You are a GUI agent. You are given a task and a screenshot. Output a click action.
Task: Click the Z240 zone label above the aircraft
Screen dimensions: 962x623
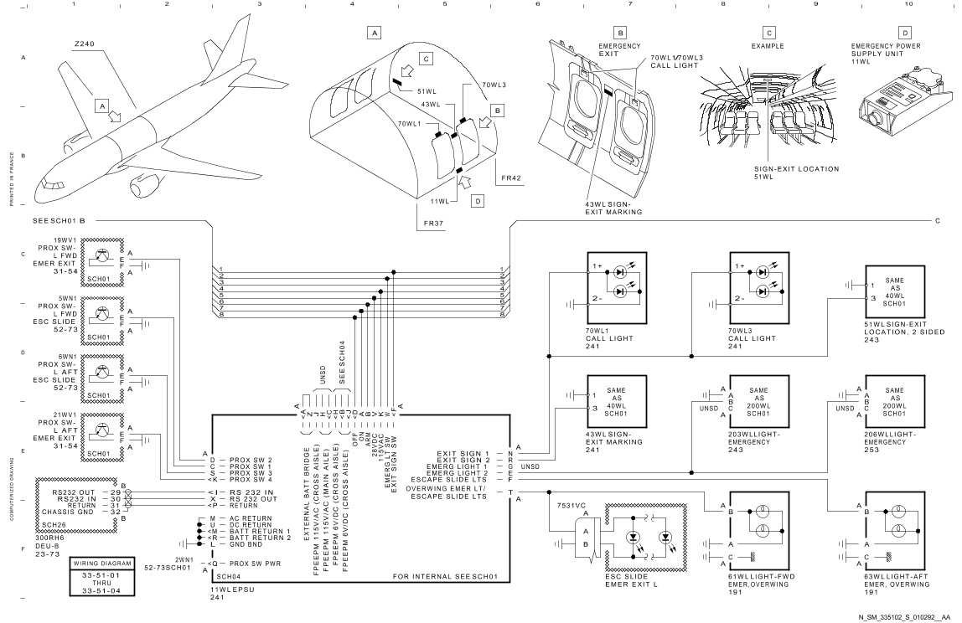[x=84, y=44]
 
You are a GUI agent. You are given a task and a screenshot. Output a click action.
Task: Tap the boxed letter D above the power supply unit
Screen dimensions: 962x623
[x=905, y=33]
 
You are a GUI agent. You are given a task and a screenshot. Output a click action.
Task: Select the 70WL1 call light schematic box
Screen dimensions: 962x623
[x=618, y=287]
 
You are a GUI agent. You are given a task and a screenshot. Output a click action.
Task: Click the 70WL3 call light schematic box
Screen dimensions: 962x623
[x=759, y=287]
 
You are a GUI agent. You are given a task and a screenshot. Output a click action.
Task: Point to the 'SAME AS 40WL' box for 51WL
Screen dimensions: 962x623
[x=895, y=292]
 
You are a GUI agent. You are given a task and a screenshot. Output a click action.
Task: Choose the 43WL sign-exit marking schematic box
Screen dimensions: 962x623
[x=618, y=402]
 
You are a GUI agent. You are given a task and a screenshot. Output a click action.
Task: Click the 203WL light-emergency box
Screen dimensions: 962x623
[x=759, y=402]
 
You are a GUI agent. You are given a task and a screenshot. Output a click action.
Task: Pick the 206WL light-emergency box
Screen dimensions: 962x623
[x=895, y=402]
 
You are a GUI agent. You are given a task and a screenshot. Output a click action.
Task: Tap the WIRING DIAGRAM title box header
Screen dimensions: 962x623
[x=102, y=563]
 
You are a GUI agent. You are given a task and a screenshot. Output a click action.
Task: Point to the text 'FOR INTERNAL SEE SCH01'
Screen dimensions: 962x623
[x=446, y=577]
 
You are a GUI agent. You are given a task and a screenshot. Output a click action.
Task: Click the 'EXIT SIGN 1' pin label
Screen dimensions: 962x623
[x=463, y=454]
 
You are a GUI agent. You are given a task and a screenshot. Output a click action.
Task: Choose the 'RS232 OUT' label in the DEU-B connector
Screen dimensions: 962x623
[x=74, y=492]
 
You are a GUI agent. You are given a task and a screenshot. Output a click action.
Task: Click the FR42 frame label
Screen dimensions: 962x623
[x=511, y=178]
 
